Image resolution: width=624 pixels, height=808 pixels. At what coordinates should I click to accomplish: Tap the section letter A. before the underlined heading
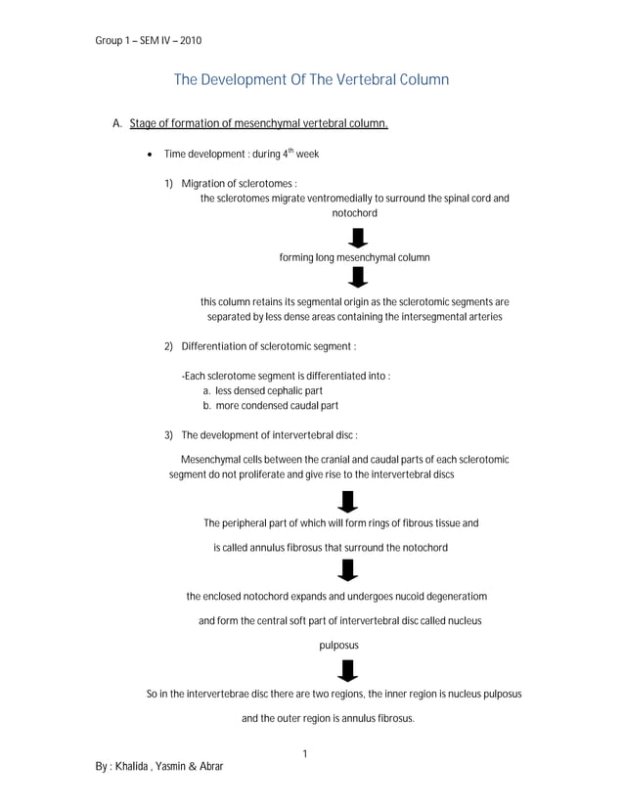tap(117, 124)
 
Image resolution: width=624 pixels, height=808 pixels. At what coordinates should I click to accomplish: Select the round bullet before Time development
tap(147, 155)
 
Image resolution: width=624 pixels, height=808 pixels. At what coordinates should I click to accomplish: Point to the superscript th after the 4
tap(289, 151)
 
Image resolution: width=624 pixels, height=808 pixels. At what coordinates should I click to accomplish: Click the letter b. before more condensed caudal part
tap(207, 405)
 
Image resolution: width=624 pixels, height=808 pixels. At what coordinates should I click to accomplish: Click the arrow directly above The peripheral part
tap(346, 502)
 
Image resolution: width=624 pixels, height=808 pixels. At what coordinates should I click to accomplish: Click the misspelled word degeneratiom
tap(452, 596)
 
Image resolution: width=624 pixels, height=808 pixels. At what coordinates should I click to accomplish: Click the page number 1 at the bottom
tap(305, 753)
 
